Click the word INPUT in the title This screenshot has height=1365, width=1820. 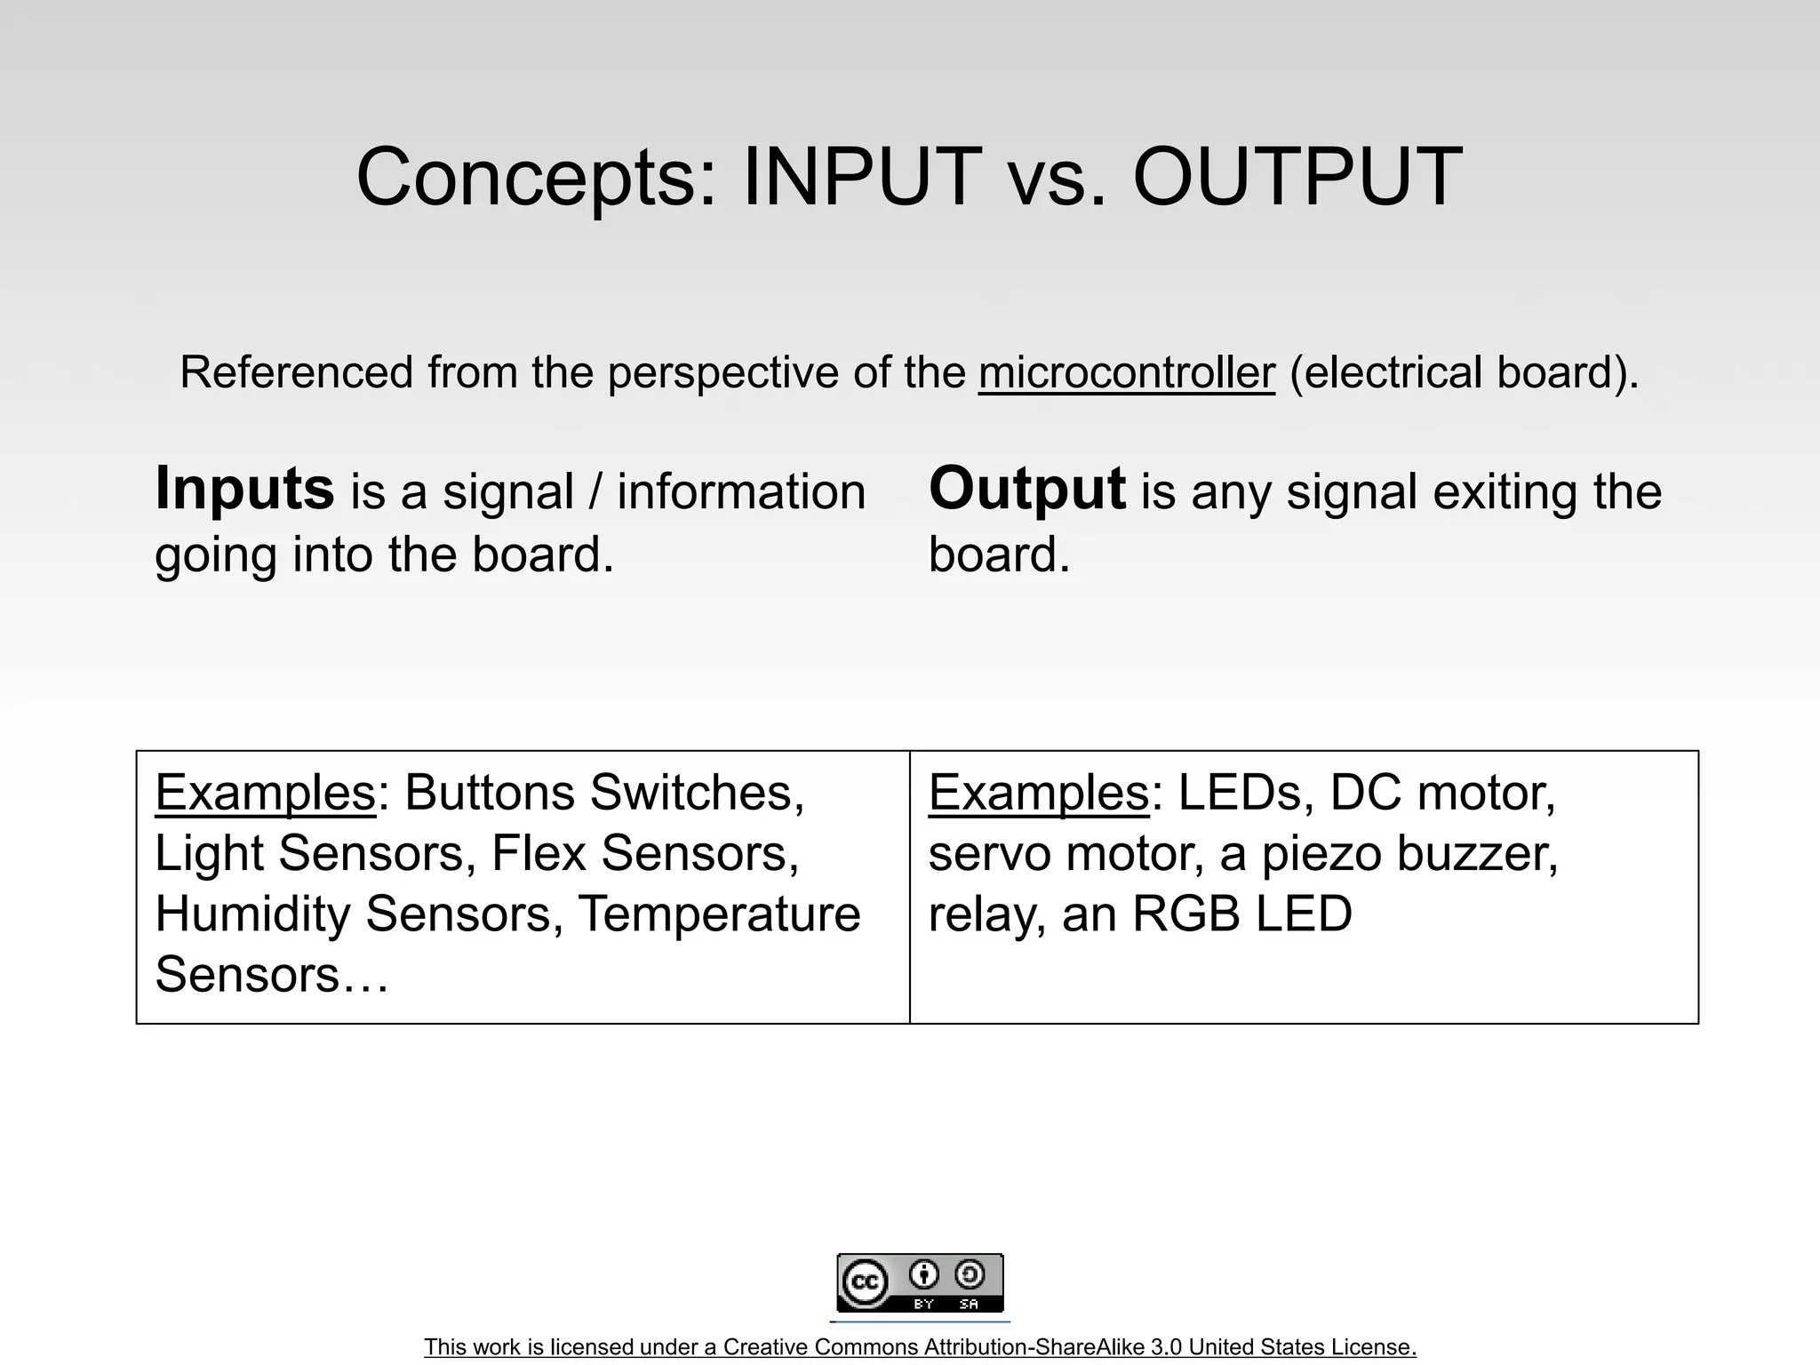tap(861, 177)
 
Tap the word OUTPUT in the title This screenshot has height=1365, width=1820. tap(1297, 177)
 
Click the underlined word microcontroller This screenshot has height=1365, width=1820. tap(1127, 372)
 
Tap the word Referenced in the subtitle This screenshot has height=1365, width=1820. tap(297, 372)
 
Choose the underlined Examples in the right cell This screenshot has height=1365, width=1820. tap(1039, 792)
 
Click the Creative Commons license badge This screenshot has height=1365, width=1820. tap(920, 1282)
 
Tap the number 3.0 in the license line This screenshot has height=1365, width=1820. tap(1167, 1347)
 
